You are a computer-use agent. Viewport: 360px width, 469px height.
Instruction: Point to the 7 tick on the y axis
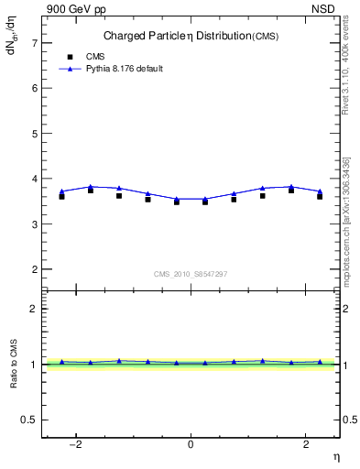(x=35, y=43)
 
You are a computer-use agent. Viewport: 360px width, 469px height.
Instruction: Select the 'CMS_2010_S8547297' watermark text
(x=190, y=274)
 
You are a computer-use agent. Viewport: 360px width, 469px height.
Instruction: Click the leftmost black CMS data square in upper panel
(x=61, y=196)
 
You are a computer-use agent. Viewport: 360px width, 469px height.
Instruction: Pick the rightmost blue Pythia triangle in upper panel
(x=320, y=191)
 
